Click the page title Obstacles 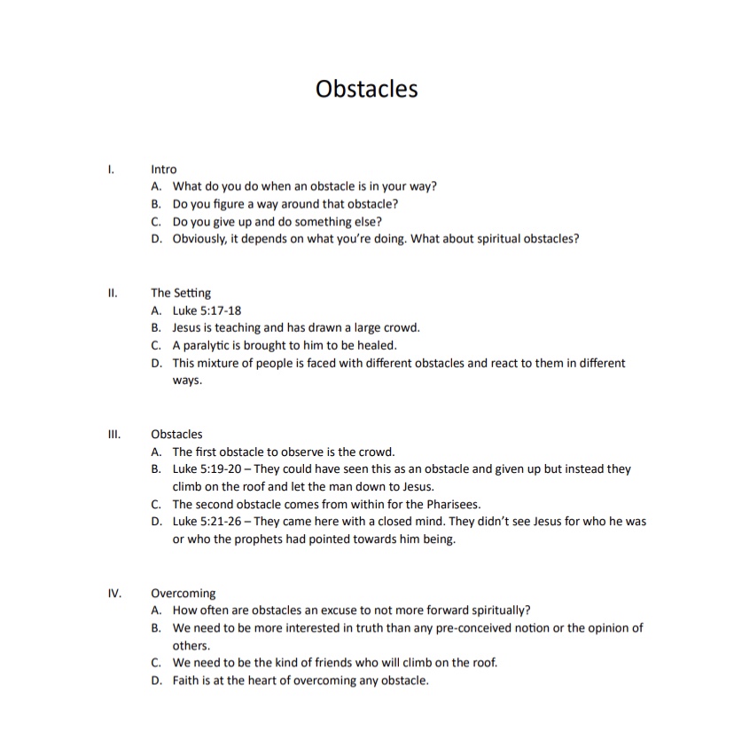point(366,90)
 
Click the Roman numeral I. point(110,169)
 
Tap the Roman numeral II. point(112,293)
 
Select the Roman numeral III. point(113,434)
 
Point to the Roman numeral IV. point(113,593)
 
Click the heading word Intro point(164,169)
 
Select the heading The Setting point(181,293)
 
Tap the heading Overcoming point(183,593)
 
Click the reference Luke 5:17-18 point(207,311)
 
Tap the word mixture point(222,363)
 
